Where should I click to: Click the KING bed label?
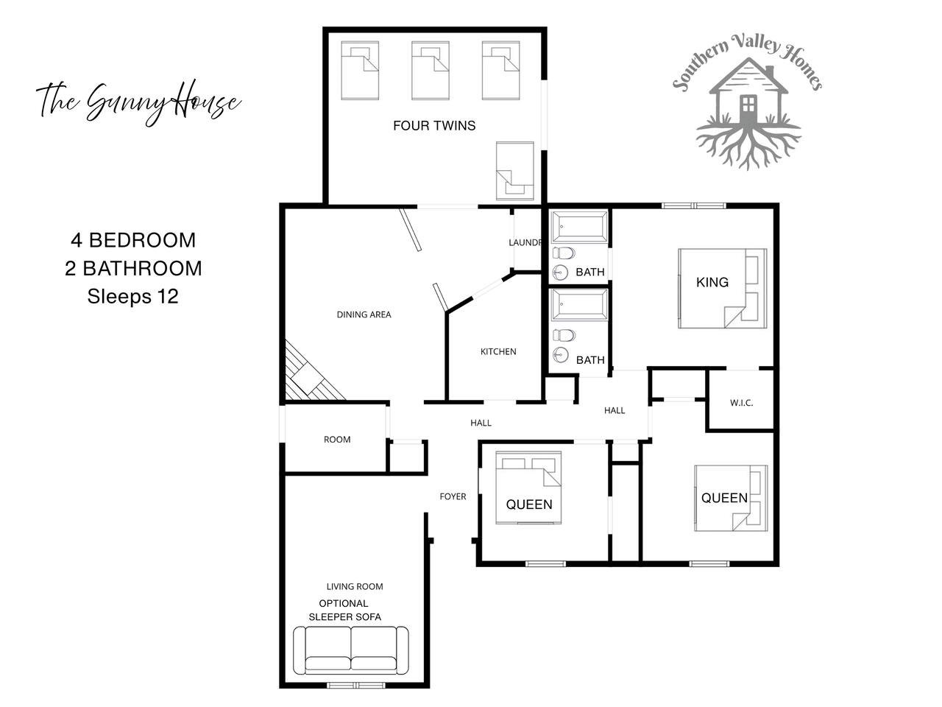[712, 282]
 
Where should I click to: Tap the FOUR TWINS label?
[434, 125]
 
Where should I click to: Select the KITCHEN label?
[498, 351]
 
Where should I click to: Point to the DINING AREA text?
[364, 314]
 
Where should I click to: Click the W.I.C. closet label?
[742, 403]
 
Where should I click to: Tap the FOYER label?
[453, 496]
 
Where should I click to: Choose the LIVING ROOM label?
[355, 586]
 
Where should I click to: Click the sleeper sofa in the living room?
[350, 650]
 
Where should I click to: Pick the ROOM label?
[337, 440]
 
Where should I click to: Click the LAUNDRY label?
[525, 242]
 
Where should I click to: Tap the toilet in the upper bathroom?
[564, 253]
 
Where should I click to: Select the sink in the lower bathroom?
[560, 355]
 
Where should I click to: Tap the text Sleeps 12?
[132, 297]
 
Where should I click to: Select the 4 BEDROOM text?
[133, 240]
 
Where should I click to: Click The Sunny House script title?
[138, 102]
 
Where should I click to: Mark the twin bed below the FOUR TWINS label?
[515, 171]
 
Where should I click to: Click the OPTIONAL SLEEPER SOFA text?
[344, 610]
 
